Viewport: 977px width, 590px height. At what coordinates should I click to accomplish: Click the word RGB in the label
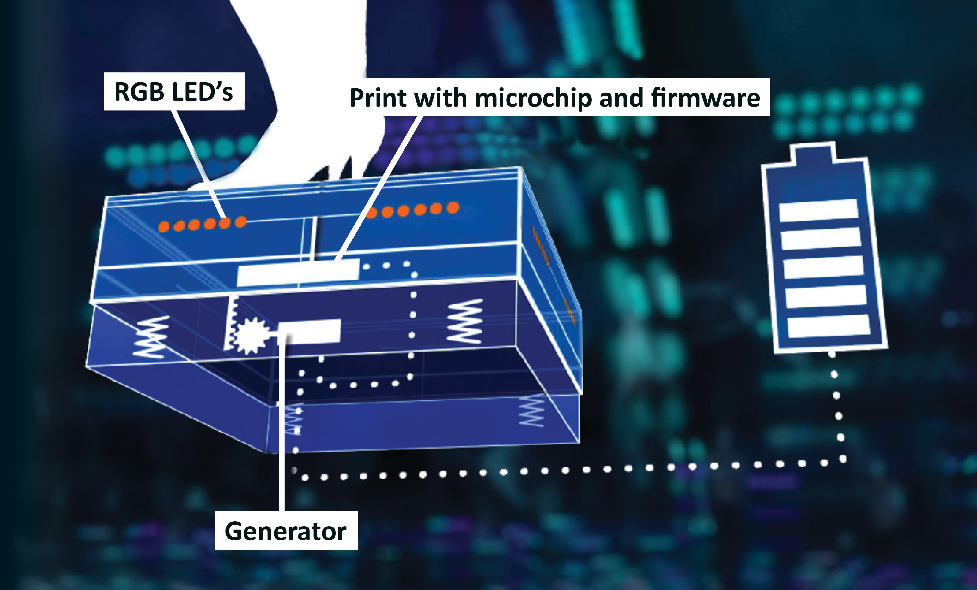pos(139,92)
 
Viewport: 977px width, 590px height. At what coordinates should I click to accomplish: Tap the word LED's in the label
pos(203,92)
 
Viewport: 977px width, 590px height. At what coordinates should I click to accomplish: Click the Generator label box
pos(286,531)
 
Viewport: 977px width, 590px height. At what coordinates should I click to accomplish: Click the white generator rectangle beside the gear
pos(309,332)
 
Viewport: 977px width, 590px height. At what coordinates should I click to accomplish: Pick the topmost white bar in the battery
pos(818,210)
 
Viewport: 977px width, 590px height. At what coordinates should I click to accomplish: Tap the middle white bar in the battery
pos(823,268)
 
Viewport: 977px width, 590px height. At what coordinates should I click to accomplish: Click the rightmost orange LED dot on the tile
pos(453,207)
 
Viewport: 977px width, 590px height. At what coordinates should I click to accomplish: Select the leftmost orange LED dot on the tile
pos(163,227)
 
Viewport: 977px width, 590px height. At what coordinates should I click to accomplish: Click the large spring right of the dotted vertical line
pos(465,321)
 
